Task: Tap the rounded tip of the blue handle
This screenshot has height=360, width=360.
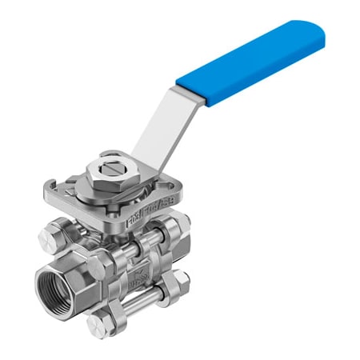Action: coord(318,34)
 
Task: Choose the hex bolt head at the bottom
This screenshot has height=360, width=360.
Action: coord(98,324)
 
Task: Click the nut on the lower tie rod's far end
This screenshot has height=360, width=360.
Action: coord(180,281)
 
